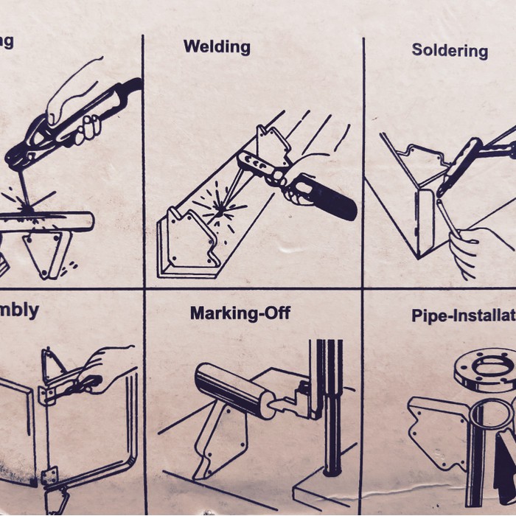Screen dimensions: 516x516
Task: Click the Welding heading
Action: click(x=217, y=46)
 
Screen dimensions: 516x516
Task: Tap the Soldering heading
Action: click(x=449, y=50)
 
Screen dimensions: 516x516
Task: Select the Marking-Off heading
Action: click(x=240, y=313)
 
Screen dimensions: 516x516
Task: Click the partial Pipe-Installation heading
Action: click(x=463, y=316)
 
